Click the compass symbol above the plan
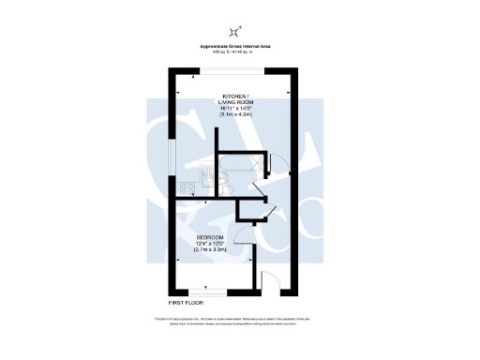click(239, 30)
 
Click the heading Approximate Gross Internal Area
click(239, 47)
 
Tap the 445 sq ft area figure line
click(239, 52)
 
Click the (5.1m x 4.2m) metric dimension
click(237, 113)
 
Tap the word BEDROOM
click(209, 236)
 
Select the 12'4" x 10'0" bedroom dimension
click(209, 243)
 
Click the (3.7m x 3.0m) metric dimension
click(209, 250)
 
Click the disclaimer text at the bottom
click(239, 322)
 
